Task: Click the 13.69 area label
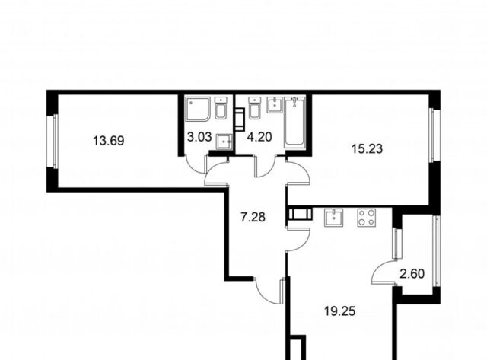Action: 109,141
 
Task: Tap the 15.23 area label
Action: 367,149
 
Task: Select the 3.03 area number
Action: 199,137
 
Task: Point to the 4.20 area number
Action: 259,137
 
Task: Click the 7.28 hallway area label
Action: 253,217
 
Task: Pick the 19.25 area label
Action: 340,311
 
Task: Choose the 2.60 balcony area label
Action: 412,274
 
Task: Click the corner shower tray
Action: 198,109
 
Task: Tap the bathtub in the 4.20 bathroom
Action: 294,122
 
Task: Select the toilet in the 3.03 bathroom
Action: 221,107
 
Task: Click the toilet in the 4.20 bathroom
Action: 254,107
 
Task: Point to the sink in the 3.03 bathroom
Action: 224,142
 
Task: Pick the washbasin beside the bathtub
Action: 275,104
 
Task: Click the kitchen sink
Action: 333,218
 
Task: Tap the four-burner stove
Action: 367,218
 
